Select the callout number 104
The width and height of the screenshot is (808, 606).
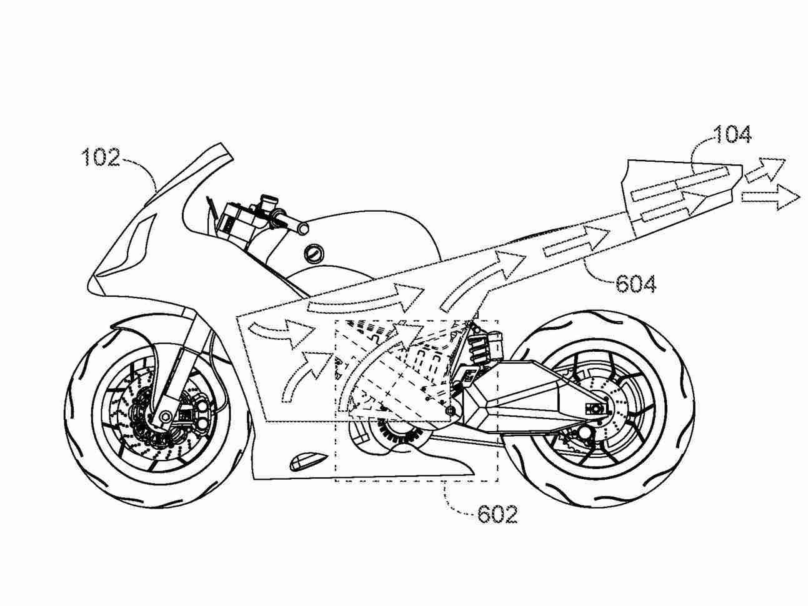click(x=732, y=135)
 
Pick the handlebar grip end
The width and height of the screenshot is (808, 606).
click(x=303, y=228)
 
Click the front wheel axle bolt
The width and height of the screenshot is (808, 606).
click(x=165, y=417)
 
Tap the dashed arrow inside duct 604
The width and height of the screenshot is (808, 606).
click(x=576, y=241)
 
